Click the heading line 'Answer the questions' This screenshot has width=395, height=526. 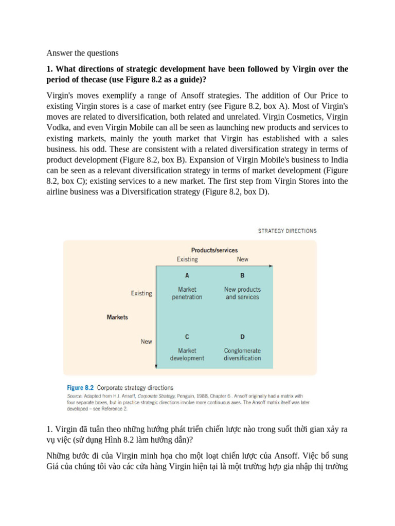pos(82,53)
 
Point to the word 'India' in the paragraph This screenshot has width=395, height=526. pos(336,160)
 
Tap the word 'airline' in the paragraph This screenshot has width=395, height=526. pos(60,192)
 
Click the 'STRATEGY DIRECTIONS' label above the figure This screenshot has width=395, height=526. pos(287,231)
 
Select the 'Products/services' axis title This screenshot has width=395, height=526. pos(214,250)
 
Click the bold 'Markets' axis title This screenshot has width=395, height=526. pos(117,317)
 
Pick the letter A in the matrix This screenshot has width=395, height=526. pos(187,275)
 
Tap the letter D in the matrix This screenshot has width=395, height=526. pos(242,336)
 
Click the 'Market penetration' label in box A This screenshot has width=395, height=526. pos(187,293)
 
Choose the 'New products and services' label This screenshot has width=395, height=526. pos(242,293)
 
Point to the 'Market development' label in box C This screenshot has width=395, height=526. pos(187,354)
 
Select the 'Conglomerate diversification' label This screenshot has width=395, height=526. pos(242,354)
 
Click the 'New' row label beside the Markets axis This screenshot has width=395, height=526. pos(146,342)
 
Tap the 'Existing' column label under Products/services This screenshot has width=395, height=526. pos(187,259)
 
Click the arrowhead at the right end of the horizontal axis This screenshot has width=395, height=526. pos(271,266)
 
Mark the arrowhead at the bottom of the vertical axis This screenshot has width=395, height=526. pos(156,367)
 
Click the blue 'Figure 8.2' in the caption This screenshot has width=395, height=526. pos(81,388)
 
